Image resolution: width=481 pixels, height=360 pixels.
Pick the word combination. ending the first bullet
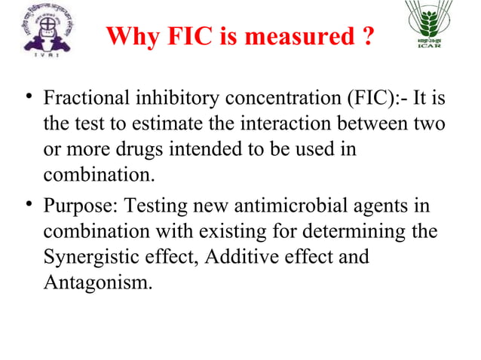click(x=99, y=176)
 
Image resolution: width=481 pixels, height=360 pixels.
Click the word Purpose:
click(x=79, y=206)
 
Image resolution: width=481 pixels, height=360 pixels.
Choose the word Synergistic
click(x=87, y=258)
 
